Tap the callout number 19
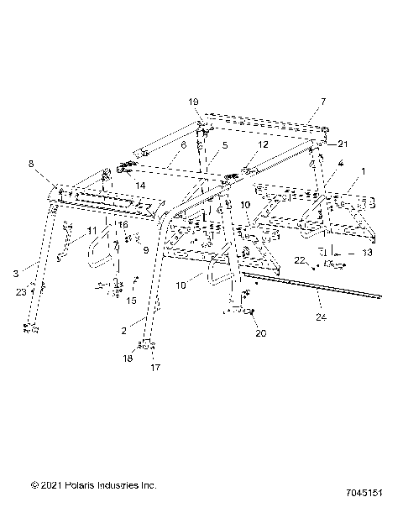193,102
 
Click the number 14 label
140,184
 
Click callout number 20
260,333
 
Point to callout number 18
128,358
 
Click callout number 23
20,292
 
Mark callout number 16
123,225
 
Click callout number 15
131,300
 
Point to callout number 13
367,251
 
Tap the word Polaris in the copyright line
84,485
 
